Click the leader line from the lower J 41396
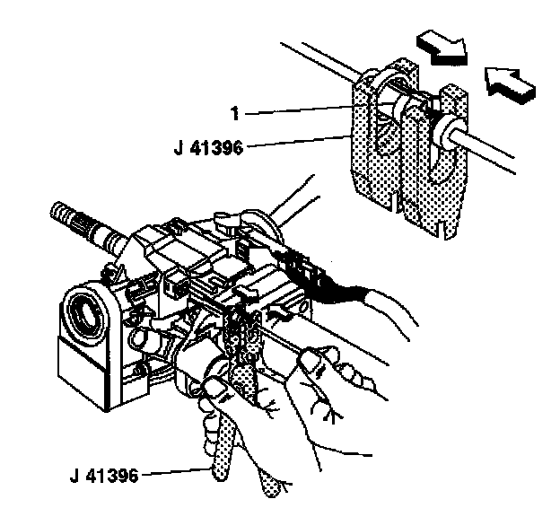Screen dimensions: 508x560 click(x=175, y=471)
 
